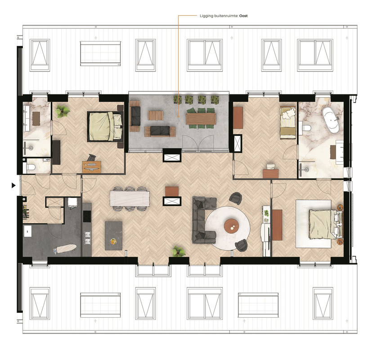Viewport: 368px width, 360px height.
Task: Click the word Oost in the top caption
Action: click(243, 16)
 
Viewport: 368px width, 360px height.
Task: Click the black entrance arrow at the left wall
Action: click(13, 185)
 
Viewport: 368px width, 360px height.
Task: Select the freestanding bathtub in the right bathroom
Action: click(331, 120)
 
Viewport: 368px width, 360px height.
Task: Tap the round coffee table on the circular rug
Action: click(231, 226)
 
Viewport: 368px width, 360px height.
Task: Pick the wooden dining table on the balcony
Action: click(201, 119)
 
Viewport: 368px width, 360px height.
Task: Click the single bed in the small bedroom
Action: click(288, 122)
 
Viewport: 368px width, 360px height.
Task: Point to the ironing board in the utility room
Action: click(65, 248)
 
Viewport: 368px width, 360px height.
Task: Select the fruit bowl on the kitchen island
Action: click(113, 241)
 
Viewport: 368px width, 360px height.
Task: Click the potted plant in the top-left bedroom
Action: click(63, 111)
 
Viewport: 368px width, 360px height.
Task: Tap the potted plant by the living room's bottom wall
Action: click(178, 252)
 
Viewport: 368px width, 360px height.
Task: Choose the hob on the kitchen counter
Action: click(87, 216)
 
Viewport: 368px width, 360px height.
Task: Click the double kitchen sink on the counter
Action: click(88, 238)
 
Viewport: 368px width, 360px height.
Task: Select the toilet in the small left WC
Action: click(31, 167)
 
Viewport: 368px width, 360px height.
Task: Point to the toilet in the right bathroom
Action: click(306, 128)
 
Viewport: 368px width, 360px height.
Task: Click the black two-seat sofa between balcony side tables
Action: click(160, 131)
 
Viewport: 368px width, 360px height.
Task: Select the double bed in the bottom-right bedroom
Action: click(326, 224)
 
